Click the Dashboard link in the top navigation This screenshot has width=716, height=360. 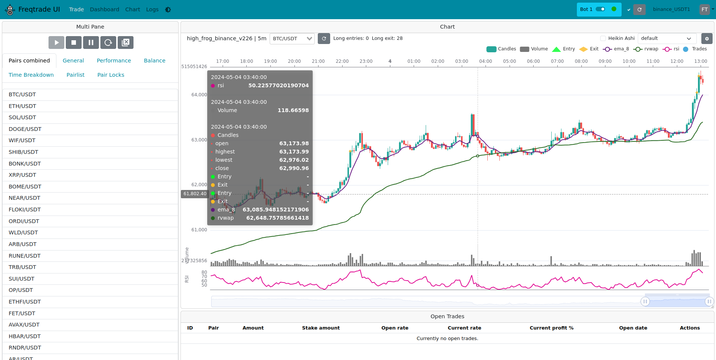click(x=104, y=9)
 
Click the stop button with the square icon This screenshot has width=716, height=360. click(x=74, y=43)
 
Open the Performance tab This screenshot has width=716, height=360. click(x=114, y=61)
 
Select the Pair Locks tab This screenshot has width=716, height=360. click(x=111, y=75)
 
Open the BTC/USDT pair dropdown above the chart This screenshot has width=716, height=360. click(x=292, y=38)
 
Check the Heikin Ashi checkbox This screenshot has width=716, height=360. click(x=603, y=38)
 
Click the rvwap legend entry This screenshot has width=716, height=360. click(x=646, y=49)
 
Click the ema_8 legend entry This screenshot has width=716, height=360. click(x=616, y=49)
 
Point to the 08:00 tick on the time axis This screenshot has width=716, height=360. click(x=581, y=61)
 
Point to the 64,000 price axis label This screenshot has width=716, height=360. click(x=199, y=95)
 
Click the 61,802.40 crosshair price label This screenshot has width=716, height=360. click(x=195, y=194)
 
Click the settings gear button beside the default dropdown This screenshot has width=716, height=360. click(x=707, y=38)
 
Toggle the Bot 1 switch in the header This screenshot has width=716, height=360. click(x=600, y=9)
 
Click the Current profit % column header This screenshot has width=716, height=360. click(x=551, y=328)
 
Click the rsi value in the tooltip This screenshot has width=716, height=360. click(x=278, y=85)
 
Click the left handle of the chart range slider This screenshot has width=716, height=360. click(x=645, y=301)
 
